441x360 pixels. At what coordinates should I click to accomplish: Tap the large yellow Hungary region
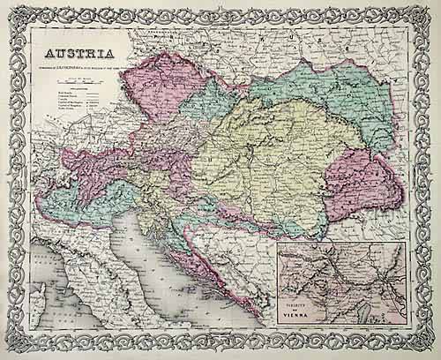(265, 159)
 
